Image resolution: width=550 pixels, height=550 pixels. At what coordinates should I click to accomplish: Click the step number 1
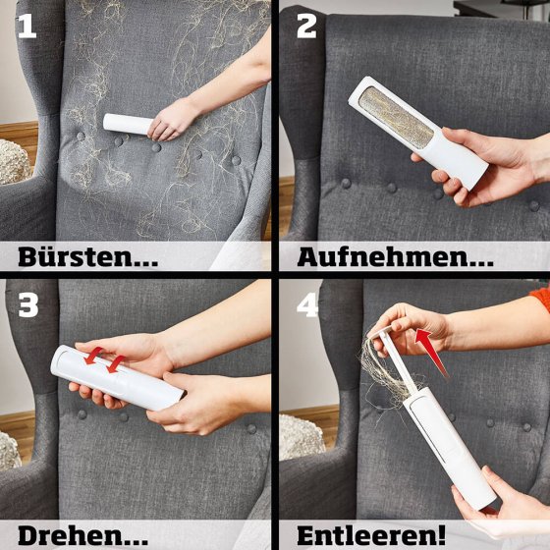pyautogui.click(x=27, y=27)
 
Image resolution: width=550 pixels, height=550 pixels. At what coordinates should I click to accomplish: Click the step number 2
pyautogui.click(x=306, y=27)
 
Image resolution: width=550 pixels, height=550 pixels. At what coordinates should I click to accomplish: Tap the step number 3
pyautogui.click(x=28, y=305)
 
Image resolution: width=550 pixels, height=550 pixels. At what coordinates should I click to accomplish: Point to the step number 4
pyautogui.click(x=307, y=305)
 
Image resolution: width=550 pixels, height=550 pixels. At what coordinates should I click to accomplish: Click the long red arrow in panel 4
pyautogui.click(x=430, y=352)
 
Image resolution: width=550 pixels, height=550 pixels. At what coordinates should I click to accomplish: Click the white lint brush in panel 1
pyautogui.click(x=128, y=124)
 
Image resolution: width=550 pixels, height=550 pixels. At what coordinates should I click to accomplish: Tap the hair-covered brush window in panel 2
pyautogui.click(x=397, y=118)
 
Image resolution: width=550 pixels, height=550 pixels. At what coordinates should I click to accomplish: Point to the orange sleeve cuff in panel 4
pyautogui.click(x=541, y=299)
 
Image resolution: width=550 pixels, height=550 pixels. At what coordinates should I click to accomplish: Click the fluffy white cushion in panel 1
pyautogui.click(x=14, y=162)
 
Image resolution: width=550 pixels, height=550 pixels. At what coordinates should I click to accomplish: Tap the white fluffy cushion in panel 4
pyautogui.click(x=301, y=437)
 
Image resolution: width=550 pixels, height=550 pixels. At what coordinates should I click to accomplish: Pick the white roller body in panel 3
pyautogui.click(x=117, y=378)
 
